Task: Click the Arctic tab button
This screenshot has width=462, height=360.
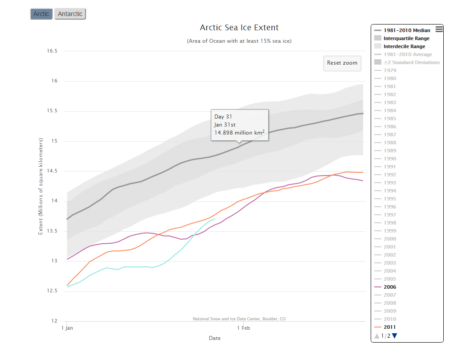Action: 41,14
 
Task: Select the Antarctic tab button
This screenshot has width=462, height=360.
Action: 70,14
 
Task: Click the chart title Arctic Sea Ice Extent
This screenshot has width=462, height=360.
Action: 239,28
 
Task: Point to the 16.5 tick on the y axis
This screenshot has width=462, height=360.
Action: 52,51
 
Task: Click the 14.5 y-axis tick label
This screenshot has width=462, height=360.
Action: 52,171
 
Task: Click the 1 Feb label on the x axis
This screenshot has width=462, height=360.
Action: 243,328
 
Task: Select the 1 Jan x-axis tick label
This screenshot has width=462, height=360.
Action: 67,328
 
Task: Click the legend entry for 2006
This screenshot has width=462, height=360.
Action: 390,287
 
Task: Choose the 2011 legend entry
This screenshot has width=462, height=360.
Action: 390,327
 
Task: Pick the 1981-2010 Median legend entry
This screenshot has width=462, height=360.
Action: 407,30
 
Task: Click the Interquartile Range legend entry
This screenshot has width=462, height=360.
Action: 406,38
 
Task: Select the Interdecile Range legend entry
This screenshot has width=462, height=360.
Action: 404,46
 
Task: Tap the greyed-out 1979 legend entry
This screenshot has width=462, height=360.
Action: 390,70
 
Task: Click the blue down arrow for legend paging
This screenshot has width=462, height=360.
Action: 394,336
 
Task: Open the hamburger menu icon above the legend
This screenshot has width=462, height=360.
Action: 439,29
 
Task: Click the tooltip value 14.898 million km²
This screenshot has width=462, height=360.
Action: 239,132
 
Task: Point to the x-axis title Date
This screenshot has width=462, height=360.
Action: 215,338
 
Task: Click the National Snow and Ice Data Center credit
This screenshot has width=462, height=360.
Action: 239,319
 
